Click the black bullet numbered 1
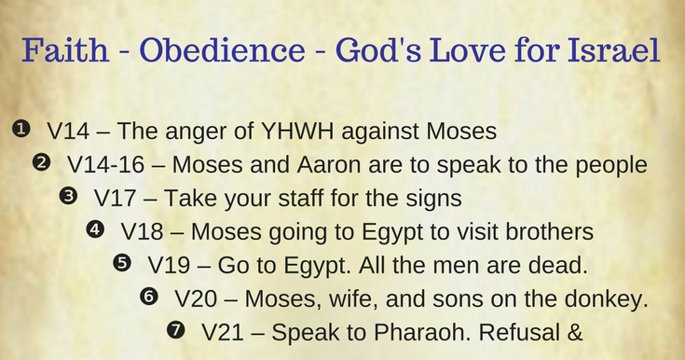point(21,131)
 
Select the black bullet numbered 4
point(94,229)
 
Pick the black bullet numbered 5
point(121,263)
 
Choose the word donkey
point(607,298)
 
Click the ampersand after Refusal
point(575,331)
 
